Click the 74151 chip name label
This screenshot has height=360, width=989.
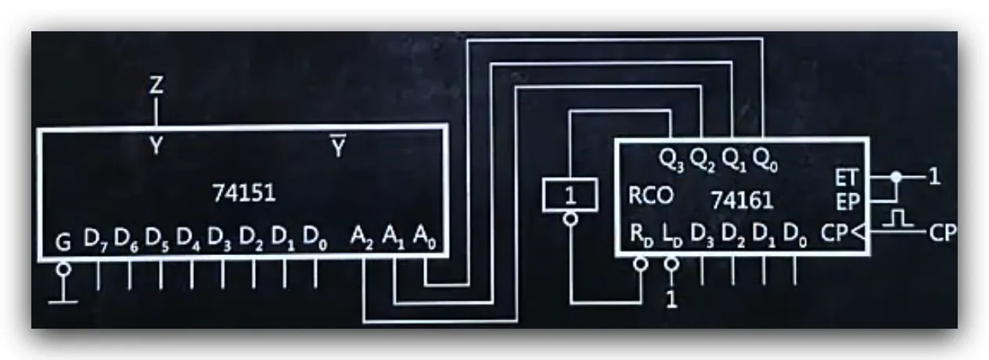click(x=244, y=193)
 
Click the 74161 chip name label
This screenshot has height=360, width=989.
click(x=743, y=200)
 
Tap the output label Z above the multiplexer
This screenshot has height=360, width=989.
click(x=156, y=85)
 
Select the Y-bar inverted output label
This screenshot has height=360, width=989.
click(x=338, y=146)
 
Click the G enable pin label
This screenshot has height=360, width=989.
click(x=63, y=243)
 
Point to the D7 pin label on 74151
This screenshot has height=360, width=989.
click(x=95, y=239)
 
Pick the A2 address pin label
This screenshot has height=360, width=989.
click(x=362, y=238)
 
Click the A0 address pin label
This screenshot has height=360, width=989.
click(x=425, y=238)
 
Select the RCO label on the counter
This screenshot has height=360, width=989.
click(x=651, y=195)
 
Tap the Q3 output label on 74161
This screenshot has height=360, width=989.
click(x=671, y=160)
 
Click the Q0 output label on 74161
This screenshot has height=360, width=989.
click(x=765, y=160)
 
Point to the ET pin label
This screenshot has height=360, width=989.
click(x=847, y=178)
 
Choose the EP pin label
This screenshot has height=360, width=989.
click(x=847, y=203)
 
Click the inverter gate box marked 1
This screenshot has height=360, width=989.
click(x=570, y=195)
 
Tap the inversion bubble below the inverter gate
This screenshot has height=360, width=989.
click(x=570, y=218)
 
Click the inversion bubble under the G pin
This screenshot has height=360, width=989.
click(x=63, y=268)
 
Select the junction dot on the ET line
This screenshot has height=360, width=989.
click(x=896, y=177)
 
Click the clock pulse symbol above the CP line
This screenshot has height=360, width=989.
click(x=897, y=218)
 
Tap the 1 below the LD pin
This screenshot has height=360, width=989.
click(x=671, y=300)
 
